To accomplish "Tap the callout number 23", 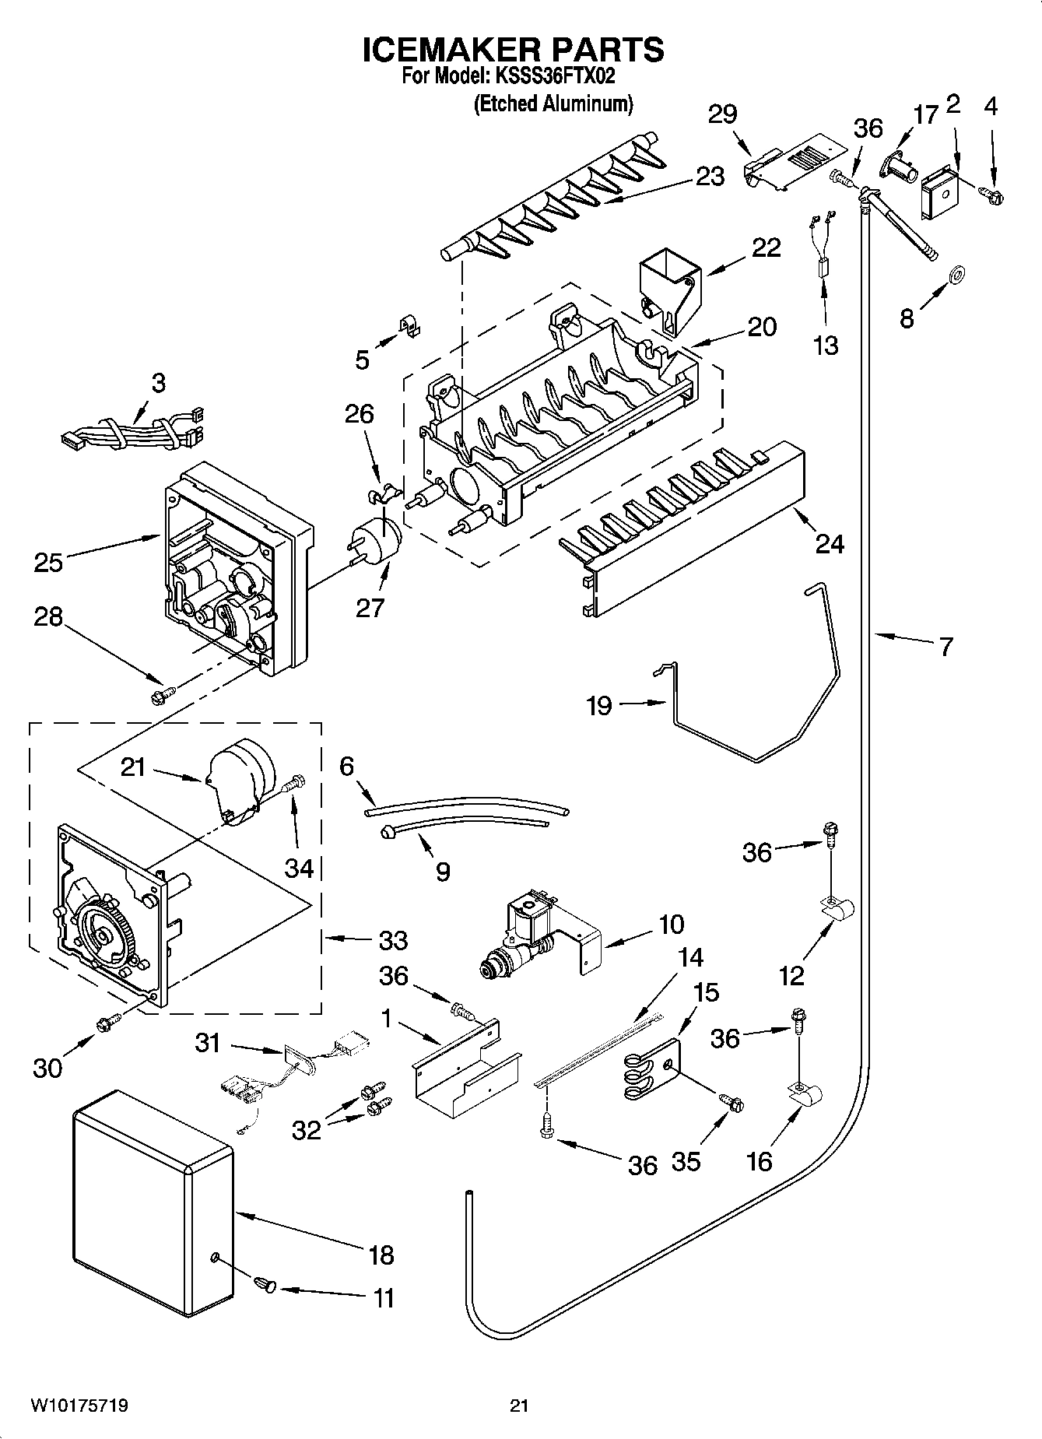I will [x=710, y=177].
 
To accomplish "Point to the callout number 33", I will [x=393, y=940].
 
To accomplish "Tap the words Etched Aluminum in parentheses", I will [x=553, y=104].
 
